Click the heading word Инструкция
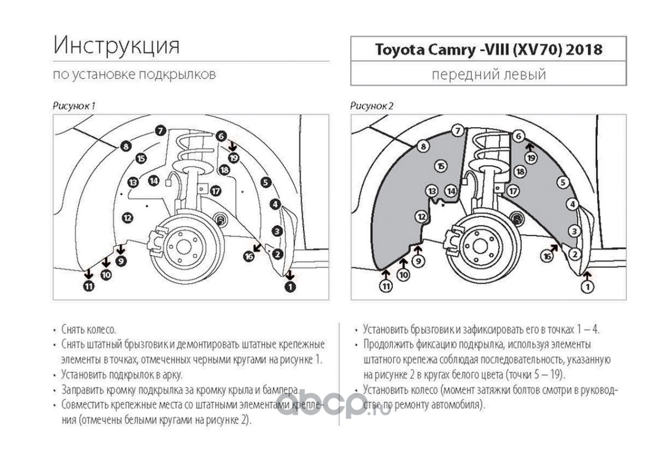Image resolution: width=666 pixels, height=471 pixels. click(116, 45)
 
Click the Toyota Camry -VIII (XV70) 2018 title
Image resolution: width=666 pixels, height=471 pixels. click(488, 49)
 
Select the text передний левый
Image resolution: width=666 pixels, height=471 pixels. click(488, 74)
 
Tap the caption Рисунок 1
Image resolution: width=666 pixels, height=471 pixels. click(74, 106)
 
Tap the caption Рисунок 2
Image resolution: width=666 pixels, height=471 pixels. click(372, 106)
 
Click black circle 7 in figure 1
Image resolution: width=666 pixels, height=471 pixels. click(160, 131)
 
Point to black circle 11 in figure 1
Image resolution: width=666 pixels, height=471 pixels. click(88, 286)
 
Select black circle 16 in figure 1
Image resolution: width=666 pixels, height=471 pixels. click(249, 256)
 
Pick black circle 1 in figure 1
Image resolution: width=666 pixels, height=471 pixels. click(290, 287)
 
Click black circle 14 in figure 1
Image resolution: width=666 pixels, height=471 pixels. click(154, 181)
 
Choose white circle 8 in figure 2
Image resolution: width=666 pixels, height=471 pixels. click(423, 147)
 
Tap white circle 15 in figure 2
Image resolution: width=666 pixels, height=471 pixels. click(441, 166)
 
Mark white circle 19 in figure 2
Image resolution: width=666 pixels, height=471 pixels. click(531, 158)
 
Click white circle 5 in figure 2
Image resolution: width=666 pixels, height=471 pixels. click(562, 183)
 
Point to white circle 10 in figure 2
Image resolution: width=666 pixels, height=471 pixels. click(404, 274)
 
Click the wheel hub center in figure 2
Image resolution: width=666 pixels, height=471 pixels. click(480, 247)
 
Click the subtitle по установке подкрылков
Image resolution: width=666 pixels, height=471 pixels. click(134, 74)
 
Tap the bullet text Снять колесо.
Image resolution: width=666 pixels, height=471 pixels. click(88, 330)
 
